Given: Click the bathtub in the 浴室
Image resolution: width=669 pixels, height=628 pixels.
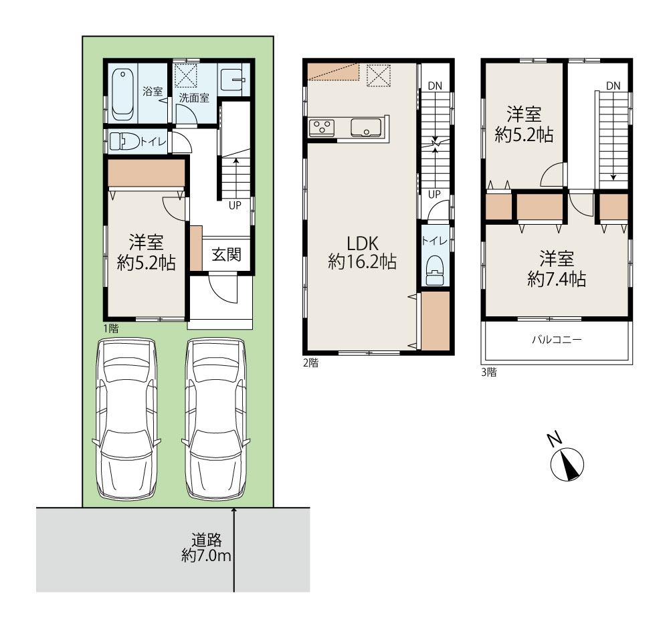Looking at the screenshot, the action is (x=123, y=94).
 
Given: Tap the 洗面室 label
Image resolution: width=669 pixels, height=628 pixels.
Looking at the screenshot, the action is (x=194, y=98).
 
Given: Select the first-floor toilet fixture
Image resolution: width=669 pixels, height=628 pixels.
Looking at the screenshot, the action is (x=124, y=141).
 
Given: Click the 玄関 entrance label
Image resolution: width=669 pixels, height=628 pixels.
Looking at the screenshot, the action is (x=226, y=255).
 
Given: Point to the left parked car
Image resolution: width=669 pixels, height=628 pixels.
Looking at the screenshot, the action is (x=126, y=419).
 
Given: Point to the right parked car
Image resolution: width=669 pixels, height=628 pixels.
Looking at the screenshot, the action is (x=216, y=419).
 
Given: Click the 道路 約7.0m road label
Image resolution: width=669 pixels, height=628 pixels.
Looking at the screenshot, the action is (x=207, y=548).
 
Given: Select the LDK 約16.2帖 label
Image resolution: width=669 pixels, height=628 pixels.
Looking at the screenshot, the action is (x=362, y=253).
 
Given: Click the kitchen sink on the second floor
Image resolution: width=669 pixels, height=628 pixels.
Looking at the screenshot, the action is (x=366, y=127).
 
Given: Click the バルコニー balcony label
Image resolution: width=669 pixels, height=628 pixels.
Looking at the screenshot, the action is (x=557, y=340).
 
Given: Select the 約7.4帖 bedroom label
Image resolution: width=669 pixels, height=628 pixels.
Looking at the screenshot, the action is (x=557, y=270).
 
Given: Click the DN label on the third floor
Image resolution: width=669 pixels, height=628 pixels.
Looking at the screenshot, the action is (x=613, y=86).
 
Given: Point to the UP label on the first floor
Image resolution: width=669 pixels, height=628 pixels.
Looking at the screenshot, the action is (x=235, y=205).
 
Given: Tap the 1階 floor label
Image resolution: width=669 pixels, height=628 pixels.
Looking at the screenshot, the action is (x=111, y=328).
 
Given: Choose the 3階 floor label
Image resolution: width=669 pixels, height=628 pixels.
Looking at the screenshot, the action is (x=489, y=373).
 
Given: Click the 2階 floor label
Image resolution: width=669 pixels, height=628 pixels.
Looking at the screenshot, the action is (x=310, y=363).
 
